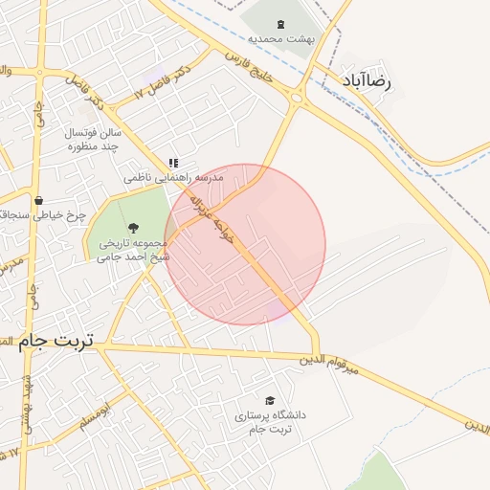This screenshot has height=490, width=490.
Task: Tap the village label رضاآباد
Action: coord(367,80)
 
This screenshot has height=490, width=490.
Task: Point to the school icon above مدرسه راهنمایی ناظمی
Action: coord(173,164)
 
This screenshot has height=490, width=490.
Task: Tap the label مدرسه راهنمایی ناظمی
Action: coord(173,179)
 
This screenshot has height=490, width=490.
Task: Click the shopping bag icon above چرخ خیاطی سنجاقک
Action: coord(37,200)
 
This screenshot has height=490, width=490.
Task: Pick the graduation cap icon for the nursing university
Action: coord(269,400)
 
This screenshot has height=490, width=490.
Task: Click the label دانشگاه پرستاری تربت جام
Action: coord(268,422)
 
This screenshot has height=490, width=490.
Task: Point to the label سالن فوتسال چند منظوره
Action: coord(91,139)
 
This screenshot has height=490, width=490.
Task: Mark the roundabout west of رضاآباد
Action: coord(297,97)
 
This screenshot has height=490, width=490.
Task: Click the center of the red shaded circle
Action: coord(245,244)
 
